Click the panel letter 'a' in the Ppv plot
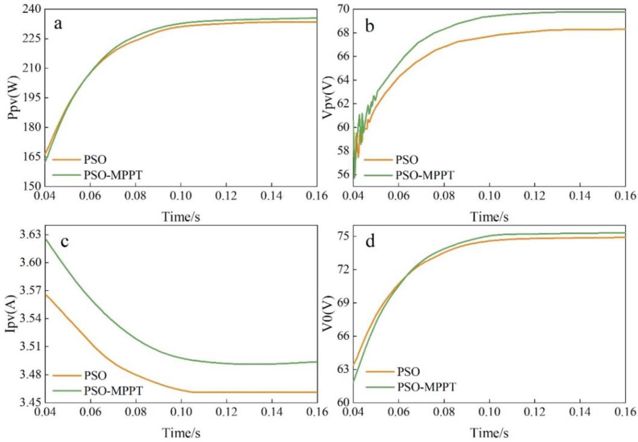coord(58,24)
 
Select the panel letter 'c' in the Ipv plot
coord(64,241)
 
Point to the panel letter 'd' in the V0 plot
coord(370,241)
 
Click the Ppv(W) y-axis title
coord(14,98)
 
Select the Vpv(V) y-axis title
coord(328,98)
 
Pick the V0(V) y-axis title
coord(328,314)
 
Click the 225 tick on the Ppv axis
coord(30,39)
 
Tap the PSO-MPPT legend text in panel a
coord(113,175)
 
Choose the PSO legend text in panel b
coord(407,159)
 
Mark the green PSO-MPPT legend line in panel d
coord(379,387)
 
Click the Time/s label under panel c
coord(181,433)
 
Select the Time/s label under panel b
coord(489,217)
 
